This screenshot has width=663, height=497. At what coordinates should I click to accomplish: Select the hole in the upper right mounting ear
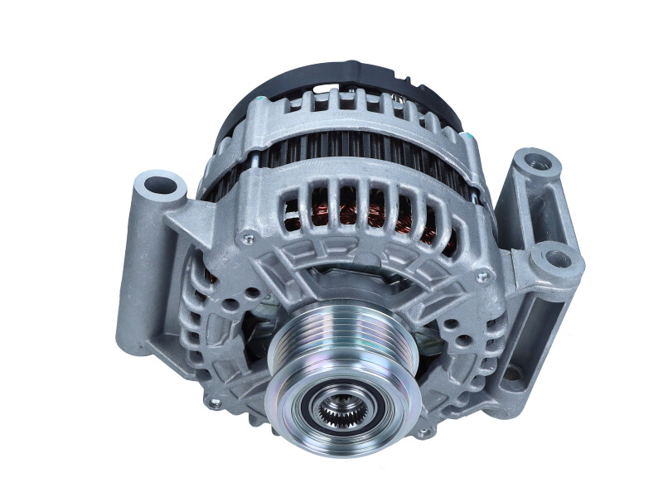pyautogui.click(x=538, y=162)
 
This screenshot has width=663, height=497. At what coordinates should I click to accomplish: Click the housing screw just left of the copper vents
pyautogui.click(x=246, y=239)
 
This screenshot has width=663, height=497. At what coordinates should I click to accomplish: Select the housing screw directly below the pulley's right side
pyautogui.click(x=423, y=432)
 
